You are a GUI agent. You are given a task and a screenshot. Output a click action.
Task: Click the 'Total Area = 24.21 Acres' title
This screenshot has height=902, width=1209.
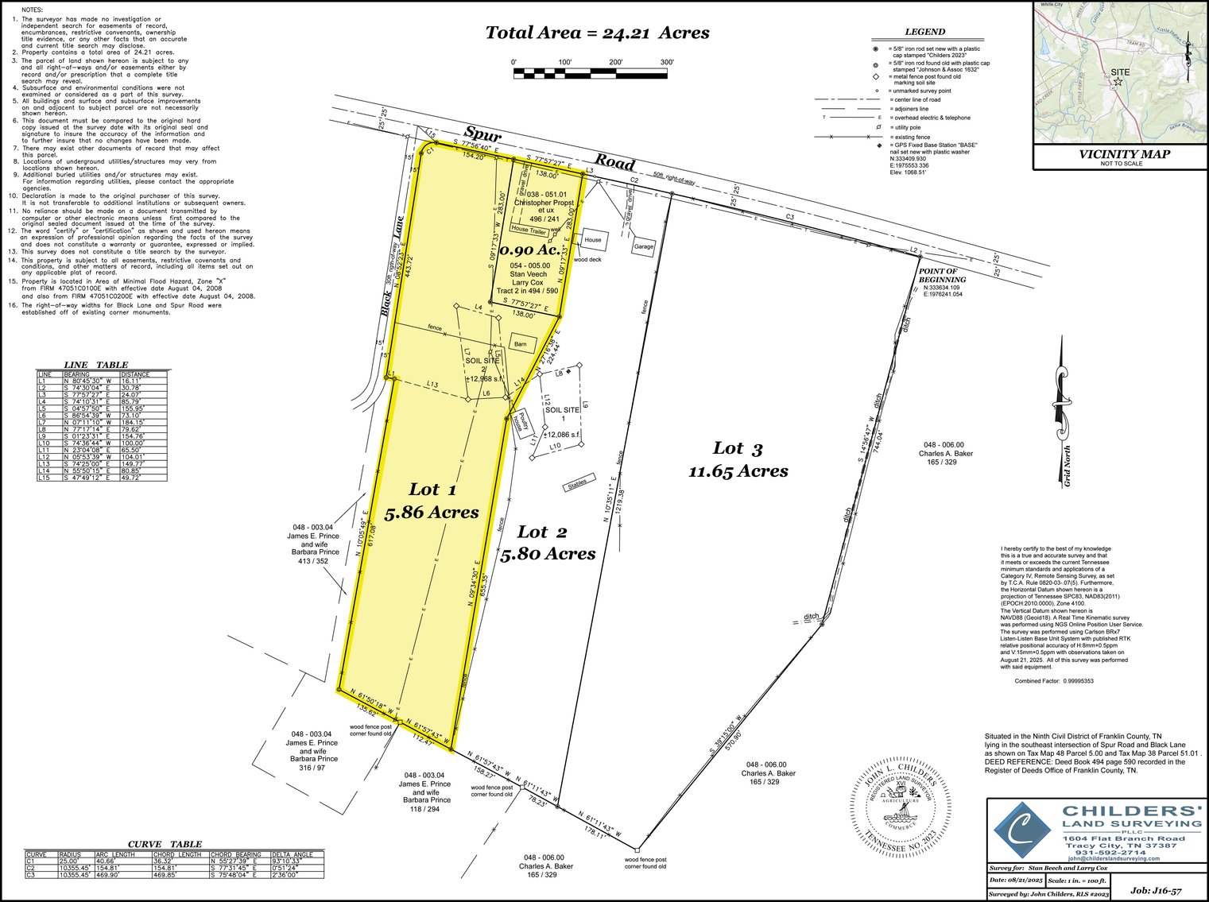point(597,33)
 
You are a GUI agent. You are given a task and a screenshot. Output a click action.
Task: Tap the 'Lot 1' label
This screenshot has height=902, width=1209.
point(432,489)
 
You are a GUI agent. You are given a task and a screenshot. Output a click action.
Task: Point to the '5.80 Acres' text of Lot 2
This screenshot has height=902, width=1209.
point(548,553)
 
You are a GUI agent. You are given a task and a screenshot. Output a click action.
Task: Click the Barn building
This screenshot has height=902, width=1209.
point(521,344)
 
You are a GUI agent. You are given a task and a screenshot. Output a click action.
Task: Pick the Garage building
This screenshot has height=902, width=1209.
point(643,246)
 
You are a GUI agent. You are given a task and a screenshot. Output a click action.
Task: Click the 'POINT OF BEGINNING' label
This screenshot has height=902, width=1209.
point(942,276)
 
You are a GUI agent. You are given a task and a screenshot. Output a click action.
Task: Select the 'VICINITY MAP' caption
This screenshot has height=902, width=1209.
point(1121,154)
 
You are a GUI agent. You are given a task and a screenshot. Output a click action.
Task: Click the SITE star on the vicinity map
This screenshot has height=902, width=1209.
point(1118,82)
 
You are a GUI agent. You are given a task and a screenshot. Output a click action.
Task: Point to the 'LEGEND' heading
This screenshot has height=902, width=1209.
point(925,32)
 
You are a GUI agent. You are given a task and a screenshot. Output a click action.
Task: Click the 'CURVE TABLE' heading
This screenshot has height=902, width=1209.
point(165,844)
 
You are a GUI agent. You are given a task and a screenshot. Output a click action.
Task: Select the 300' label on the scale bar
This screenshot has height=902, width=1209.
point(666,62)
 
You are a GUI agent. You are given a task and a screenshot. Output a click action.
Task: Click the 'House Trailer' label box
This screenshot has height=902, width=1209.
point(530,229)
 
